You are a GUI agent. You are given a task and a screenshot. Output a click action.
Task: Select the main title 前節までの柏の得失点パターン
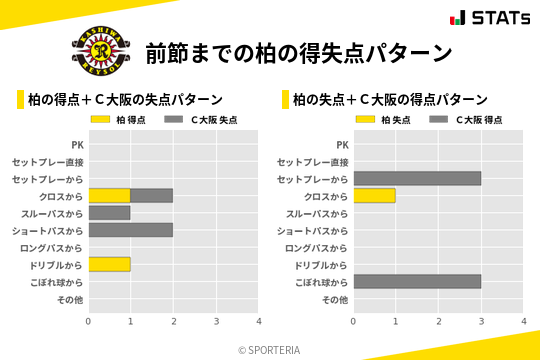coord(298,52)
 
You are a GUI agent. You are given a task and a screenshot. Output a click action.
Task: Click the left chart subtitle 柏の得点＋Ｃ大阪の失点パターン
coord(125,100)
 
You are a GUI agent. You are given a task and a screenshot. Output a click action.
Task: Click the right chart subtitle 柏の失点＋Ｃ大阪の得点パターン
coord(390,100)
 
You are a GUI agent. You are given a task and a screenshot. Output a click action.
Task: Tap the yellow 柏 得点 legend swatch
coord(102,120)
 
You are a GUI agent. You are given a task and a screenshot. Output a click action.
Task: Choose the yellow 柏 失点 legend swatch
coord(367,120)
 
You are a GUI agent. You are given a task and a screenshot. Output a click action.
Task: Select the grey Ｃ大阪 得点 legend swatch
coord(441,120)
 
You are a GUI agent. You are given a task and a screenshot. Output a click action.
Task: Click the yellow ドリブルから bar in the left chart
coord(109,264)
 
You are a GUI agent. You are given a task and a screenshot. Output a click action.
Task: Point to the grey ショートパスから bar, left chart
coord(130,230)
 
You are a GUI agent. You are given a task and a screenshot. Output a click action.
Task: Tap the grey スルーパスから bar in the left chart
coord(109,213)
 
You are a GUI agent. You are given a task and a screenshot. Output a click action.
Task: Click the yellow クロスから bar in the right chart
coord(374,196)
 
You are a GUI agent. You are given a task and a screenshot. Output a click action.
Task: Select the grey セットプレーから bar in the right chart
coord(417,179)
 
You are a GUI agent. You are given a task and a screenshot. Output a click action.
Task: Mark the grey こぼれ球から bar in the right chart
coord(417,281)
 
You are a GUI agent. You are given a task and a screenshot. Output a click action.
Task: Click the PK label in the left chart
coord(77,145)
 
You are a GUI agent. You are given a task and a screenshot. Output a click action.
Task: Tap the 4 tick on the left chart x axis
coord(258,322)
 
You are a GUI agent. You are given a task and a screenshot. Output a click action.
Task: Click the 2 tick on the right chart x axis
coord(438,322)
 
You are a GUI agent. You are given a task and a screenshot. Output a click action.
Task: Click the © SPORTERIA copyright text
coord(269,350)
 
